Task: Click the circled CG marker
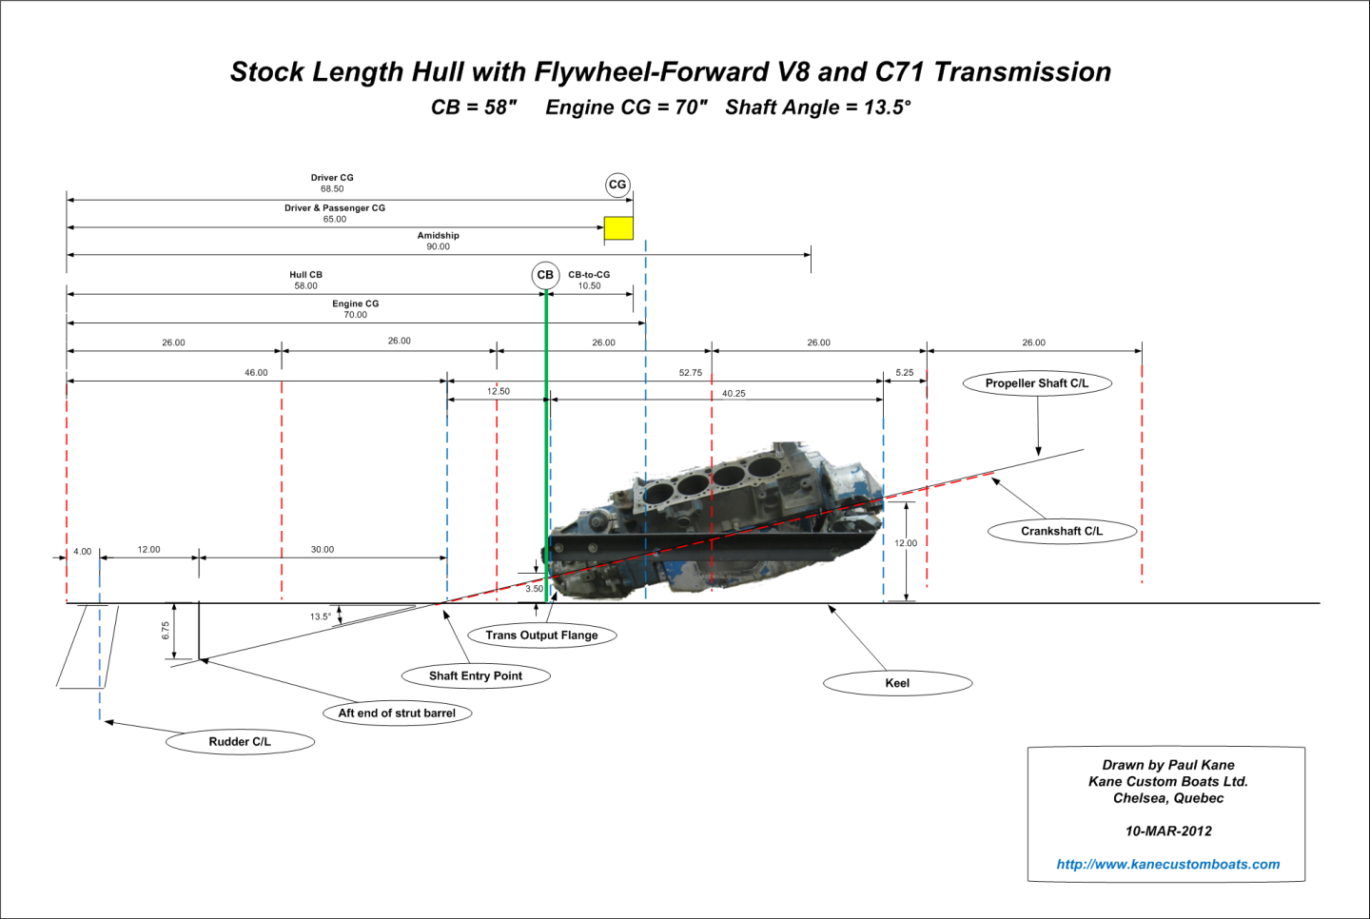coord(617,185)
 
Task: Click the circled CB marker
coord(545,275)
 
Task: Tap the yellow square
coord(618,227)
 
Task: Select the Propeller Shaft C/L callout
coord(1037,383)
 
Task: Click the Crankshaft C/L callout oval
coord(1062,531)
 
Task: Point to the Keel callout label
coord(897,683)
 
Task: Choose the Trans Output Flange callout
coord(541,635)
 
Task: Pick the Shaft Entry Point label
coord(476,676)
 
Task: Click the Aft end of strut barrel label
coord(397,714)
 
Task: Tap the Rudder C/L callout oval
coord(240,742)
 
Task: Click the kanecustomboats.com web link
coord(1167,865)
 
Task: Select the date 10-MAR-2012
coord(1168,831)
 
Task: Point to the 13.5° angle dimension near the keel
coord(321,616)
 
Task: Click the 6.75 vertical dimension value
coord(166,630)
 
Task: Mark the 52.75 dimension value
coord(691,373)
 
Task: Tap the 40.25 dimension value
coord(734,394)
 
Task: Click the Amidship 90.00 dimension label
coord(438,241)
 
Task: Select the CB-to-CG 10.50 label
coord(589,280)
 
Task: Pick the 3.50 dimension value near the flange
coord(535,589)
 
